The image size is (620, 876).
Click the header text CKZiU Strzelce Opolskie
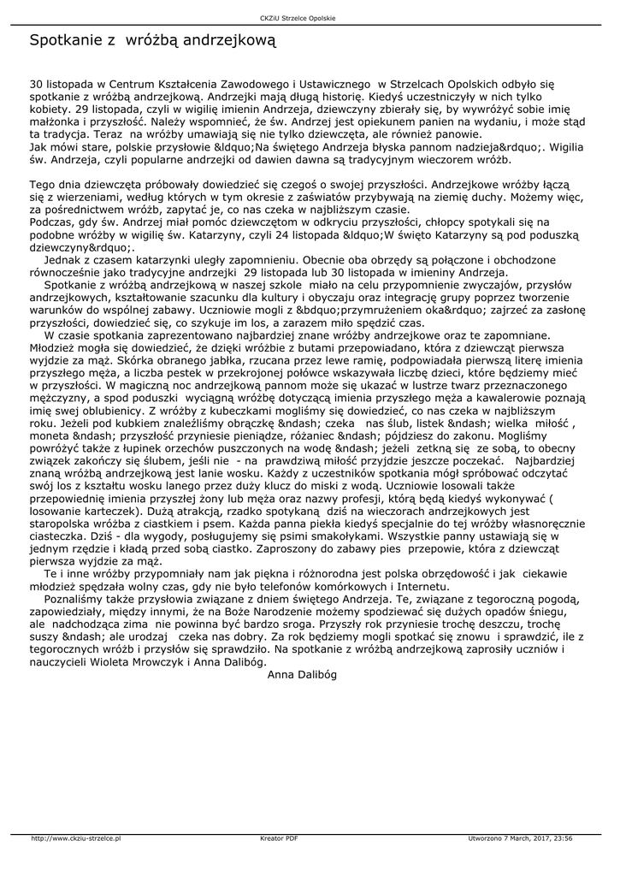[310, 18]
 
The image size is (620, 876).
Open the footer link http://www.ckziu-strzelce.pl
[76, 838]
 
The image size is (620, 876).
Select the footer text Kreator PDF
[279, 838]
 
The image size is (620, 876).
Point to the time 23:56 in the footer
[564, 838]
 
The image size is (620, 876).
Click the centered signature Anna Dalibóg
[303, 674]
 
